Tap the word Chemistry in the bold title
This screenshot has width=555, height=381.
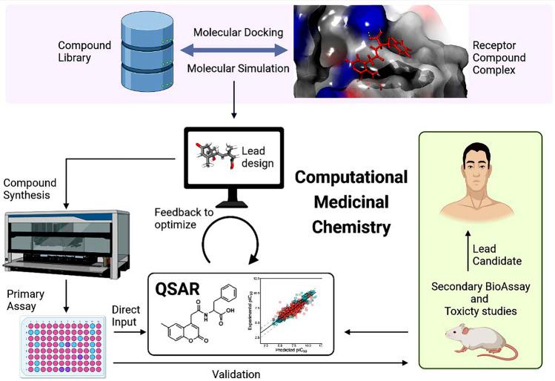[350, 228]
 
